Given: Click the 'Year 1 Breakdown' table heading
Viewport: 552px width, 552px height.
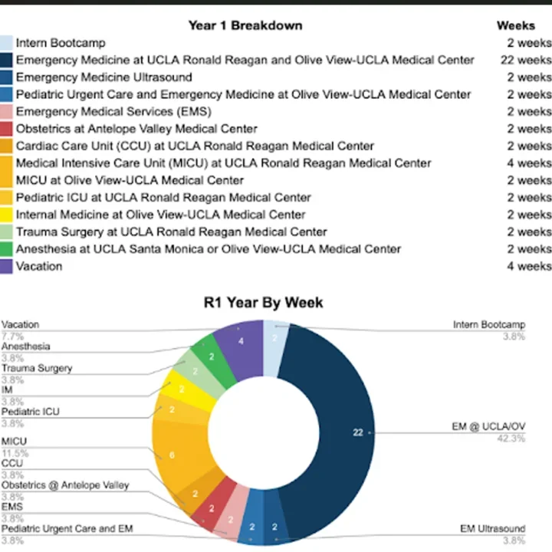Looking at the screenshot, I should (x=245, y=25).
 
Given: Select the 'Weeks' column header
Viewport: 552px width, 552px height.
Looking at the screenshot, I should (x=515, y=25).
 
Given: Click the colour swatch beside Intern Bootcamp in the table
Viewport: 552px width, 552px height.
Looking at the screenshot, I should (x=6, y=43).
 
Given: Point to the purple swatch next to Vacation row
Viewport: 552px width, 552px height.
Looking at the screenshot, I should (x=6, y=266).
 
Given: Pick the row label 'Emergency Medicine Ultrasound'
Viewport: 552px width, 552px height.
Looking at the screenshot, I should (x=103, y=77).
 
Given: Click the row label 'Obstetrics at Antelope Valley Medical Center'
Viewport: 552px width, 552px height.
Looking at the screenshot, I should (x=136, y=129).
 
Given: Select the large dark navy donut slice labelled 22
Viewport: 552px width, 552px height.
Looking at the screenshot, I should (x=349, y=429).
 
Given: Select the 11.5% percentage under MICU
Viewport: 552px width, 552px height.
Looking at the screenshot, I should (x=11, y=453).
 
